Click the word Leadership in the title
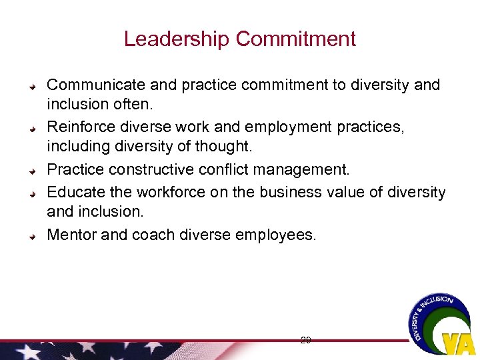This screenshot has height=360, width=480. [x=177, y=39]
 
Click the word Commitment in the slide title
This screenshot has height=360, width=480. [x=296, y=39]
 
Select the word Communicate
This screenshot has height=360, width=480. [x=96, y=85]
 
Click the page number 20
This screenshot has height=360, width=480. [x=306, y=340]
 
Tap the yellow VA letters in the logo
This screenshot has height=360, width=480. [x=459, y=342]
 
